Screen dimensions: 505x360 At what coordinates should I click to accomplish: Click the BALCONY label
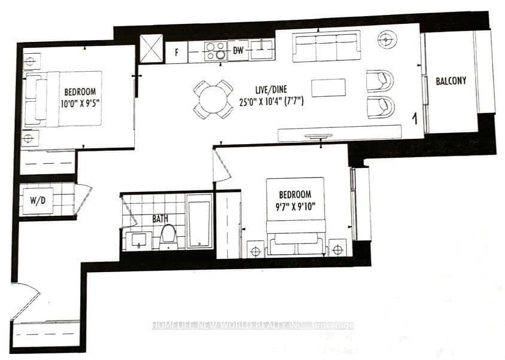pyautogui.click(x=451, y=81)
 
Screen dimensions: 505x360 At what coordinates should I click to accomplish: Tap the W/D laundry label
pyautogui.click(x=38, y=200)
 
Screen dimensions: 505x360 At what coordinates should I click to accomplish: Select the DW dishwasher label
pyautogui.click(x=238, y=50)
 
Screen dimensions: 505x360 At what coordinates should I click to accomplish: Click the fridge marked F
pyautogui.click(x=177, y=52)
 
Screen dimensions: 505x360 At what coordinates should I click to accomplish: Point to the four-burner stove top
pyautogui.click(x=216, y=51)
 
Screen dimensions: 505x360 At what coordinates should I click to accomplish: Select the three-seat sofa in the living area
pyautogui.click(x=326, y=46)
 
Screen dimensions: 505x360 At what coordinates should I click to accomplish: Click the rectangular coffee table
pyautogui.click(x=328, y=87)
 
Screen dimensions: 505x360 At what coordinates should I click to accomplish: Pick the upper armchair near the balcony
pyautogui.click(x=380, y=81)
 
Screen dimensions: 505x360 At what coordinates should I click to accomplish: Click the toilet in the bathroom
pyautogui.click(x=168, y=237)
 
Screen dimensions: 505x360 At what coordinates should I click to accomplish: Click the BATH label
pyautogui.click(x=160, y=219)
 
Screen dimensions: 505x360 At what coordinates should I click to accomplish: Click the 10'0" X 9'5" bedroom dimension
pyautogui.click(x=80, y=103)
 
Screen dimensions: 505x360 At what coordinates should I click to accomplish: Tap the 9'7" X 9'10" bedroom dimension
pyautogui.click(x=295, y=206)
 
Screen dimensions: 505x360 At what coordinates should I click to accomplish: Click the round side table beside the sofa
pyautogui.click(x=387, y=39)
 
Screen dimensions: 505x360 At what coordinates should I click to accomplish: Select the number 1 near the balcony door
pyautogui.click(x=415, y=119)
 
